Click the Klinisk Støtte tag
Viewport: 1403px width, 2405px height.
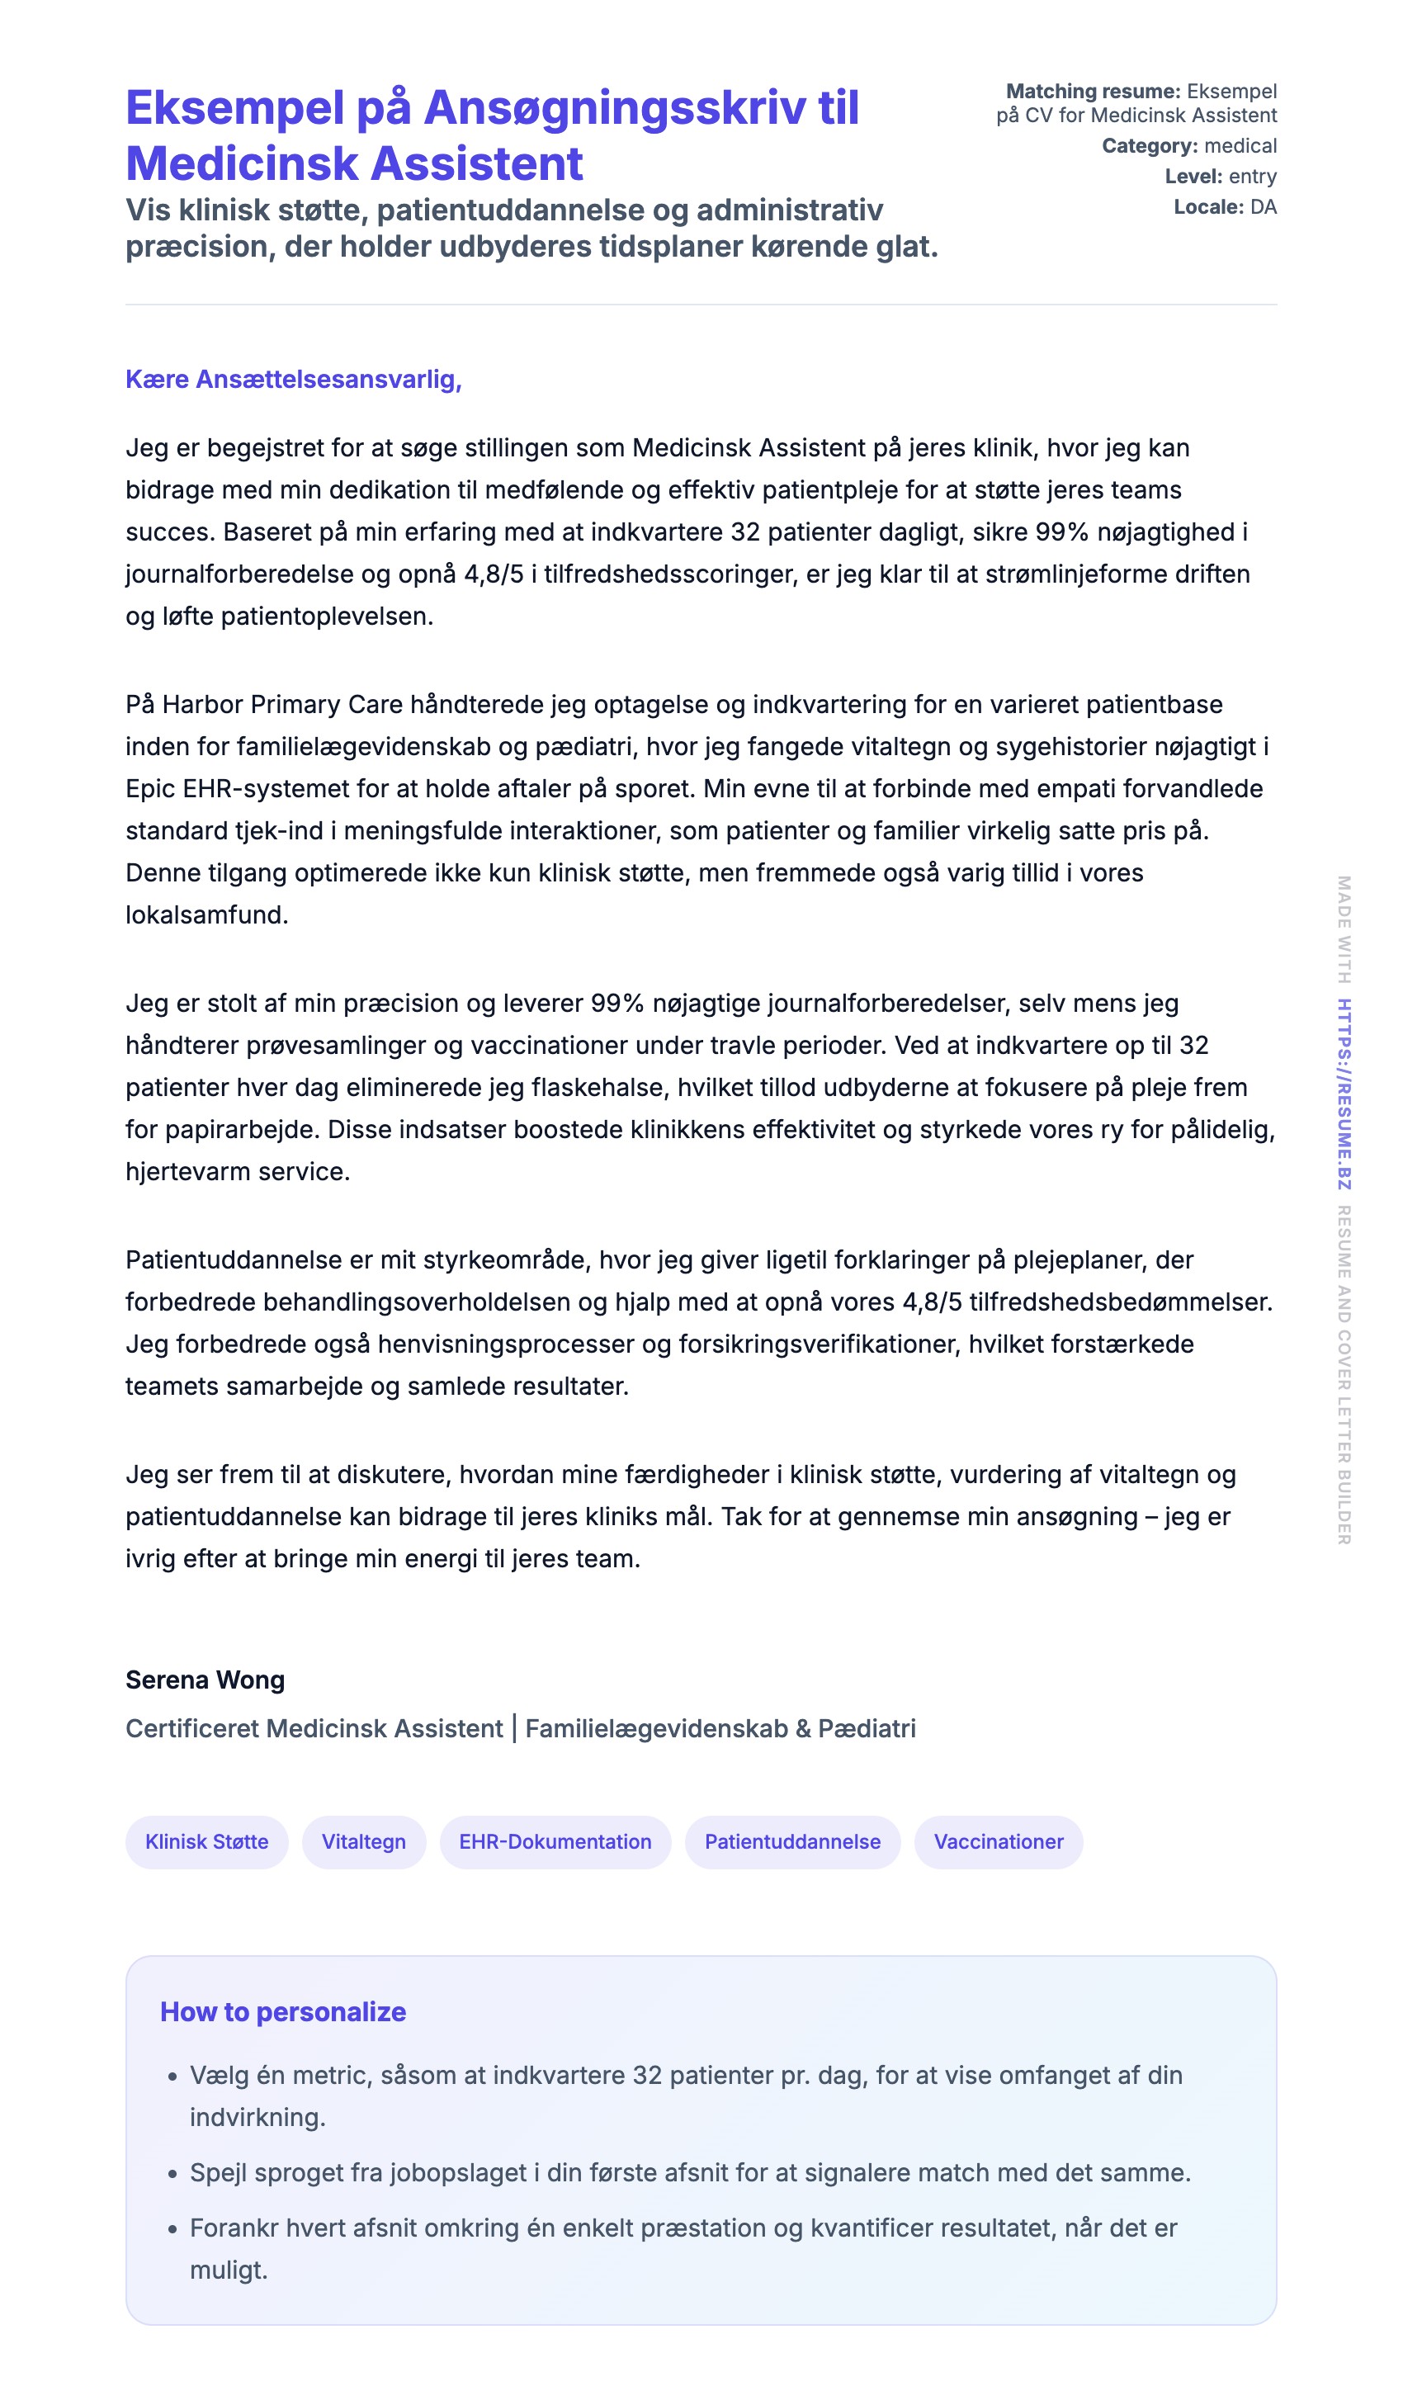(206, 1842)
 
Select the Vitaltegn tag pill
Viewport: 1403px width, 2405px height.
(364, 1842)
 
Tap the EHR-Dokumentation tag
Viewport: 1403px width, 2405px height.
(555, 1842)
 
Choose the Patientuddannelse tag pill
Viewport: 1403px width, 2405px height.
(792, 1842)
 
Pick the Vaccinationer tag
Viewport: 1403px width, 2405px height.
(999, 1842)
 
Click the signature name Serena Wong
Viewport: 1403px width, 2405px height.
(205, 1680)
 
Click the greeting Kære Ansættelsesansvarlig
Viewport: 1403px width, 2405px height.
(293, 379)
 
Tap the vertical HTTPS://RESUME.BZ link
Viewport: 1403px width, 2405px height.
(1344, 1094)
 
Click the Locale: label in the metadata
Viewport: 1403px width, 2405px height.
(1208, 207)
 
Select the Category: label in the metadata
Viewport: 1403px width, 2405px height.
(1149, 146)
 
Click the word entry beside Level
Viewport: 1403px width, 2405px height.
(1252, 177)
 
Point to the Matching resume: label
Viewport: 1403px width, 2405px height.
(1093, 92)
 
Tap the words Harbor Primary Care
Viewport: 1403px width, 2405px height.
(282, 704)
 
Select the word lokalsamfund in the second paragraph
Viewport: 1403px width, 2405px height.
(206, 914)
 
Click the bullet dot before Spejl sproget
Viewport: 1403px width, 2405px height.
(172, 2174)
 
